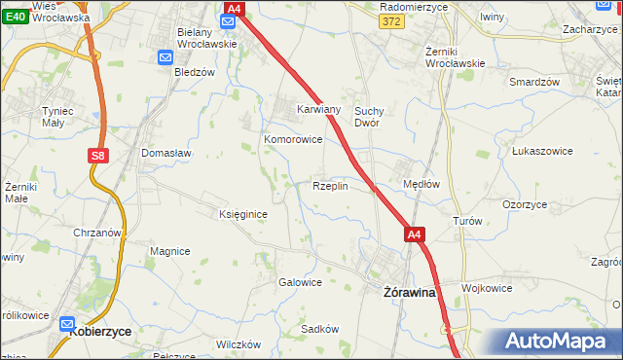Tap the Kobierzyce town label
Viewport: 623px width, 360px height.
[x=101, y=331]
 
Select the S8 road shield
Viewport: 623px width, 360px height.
[x=96, y=155]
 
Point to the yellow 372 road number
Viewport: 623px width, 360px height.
[x=392, y=21]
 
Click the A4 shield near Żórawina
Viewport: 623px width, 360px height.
[x=415, y=234]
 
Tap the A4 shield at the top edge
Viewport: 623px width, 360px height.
[x=232, y=9]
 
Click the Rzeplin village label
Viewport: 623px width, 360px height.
[x=330, y=186]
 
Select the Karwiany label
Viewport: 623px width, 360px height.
[x=318, y=109]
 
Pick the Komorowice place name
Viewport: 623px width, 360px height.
[x=293, y=139]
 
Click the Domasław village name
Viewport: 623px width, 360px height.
[x=166, y=153]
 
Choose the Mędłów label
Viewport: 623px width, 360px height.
[x=422, y=183]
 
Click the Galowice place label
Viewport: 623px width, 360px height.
[x=300, y=282]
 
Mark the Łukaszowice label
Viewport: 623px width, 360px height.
[x=540, y=152]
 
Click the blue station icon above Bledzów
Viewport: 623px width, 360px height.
[x=165, y=57]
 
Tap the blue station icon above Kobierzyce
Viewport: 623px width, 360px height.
[x=69, y=324]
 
